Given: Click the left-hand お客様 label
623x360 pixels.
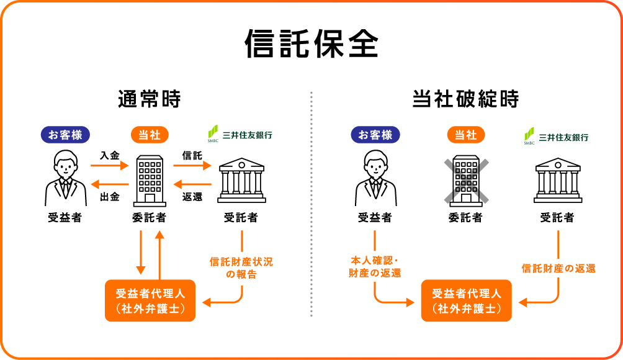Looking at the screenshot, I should [x=65, y=135].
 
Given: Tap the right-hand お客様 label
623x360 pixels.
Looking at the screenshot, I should [x=375, y=135].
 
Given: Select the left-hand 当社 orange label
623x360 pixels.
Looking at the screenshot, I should [x=150, y=135].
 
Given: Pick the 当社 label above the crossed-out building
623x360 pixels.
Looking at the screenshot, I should [x=465, y=135].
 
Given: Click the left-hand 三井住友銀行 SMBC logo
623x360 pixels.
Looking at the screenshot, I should [x=240, y=134].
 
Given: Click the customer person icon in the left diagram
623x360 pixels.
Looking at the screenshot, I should [x=65, y=178].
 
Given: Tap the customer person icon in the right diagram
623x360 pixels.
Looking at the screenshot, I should [x=375, y=178].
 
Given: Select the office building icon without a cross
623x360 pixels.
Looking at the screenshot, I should [x=150, y=180].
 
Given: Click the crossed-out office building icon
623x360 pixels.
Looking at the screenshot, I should [x=465, y=180].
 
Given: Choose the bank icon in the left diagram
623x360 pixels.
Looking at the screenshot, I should [x=241, y=181].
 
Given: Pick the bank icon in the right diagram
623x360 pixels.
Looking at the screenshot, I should [x=558, y=181].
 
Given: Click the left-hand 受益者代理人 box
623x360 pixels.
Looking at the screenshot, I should [x=150, y=300].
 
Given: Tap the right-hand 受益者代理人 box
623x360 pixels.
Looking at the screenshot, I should [x=466, y=300].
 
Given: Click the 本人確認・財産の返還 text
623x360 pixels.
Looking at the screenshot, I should [x=375, y=267].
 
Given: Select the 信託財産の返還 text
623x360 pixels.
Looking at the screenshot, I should [x=558, y=269].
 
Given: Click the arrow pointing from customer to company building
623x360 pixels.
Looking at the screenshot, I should [x=109, y=166].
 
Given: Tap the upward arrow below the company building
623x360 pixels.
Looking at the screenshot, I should [x=159, y=254].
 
